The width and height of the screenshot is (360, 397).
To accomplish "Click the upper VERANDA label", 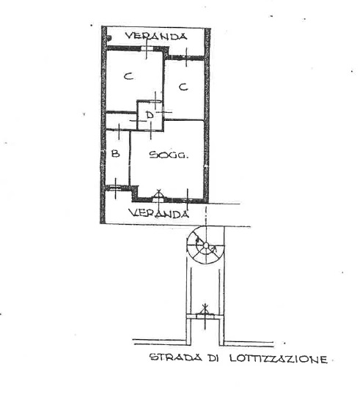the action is (x=156, y=36).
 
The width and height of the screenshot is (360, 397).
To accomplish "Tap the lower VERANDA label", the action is (x=159, y=213).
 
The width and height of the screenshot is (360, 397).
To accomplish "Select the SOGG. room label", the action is (x=169, y=155).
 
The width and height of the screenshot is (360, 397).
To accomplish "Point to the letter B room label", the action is (x=116, y=153).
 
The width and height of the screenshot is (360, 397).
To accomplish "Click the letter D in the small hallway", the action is (x=150, y=115).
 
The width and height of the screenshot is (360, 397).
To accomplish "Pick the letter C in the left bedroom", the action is (x=128, y=76).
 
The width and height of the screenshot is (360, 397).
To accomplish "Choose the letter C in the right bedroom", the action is (x=183, y=87).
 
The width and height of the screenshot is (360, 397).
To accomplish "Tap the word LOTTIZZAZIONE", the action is (x=278, y=358).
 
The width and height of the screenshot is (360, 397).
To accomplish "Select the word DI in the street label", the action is (x=213, y=357).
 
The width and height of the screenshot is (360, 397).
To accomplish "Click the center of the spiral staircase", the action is (x=206, y=245).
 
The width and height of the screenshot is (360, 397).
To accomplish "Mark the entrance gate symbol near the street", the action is (x=205, y=316).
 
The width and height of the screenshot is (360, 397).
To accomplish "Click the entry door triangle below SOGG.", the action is (x=159, y=195).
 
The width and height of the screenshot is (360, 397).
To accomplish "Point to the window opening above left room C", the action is (x=147, y=48).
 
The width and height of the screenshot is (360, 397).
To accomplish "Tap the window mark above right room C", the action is (x=186, y=58).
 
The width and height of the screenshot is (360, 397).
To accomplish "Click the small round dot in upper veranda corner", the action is (x=109, y=38).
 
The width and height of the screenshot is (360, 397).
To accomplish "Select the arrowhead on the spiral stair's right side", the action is (x=215, y=250).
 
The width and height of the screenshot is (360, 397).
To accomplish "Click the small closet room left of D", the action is (x=121, y=122).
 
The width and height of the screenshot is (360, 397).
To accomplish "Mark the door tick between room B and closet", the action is (x=119, y=131).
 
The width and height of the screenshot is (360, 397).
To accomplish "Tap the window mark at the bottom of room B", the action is (x=116, y=188).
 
